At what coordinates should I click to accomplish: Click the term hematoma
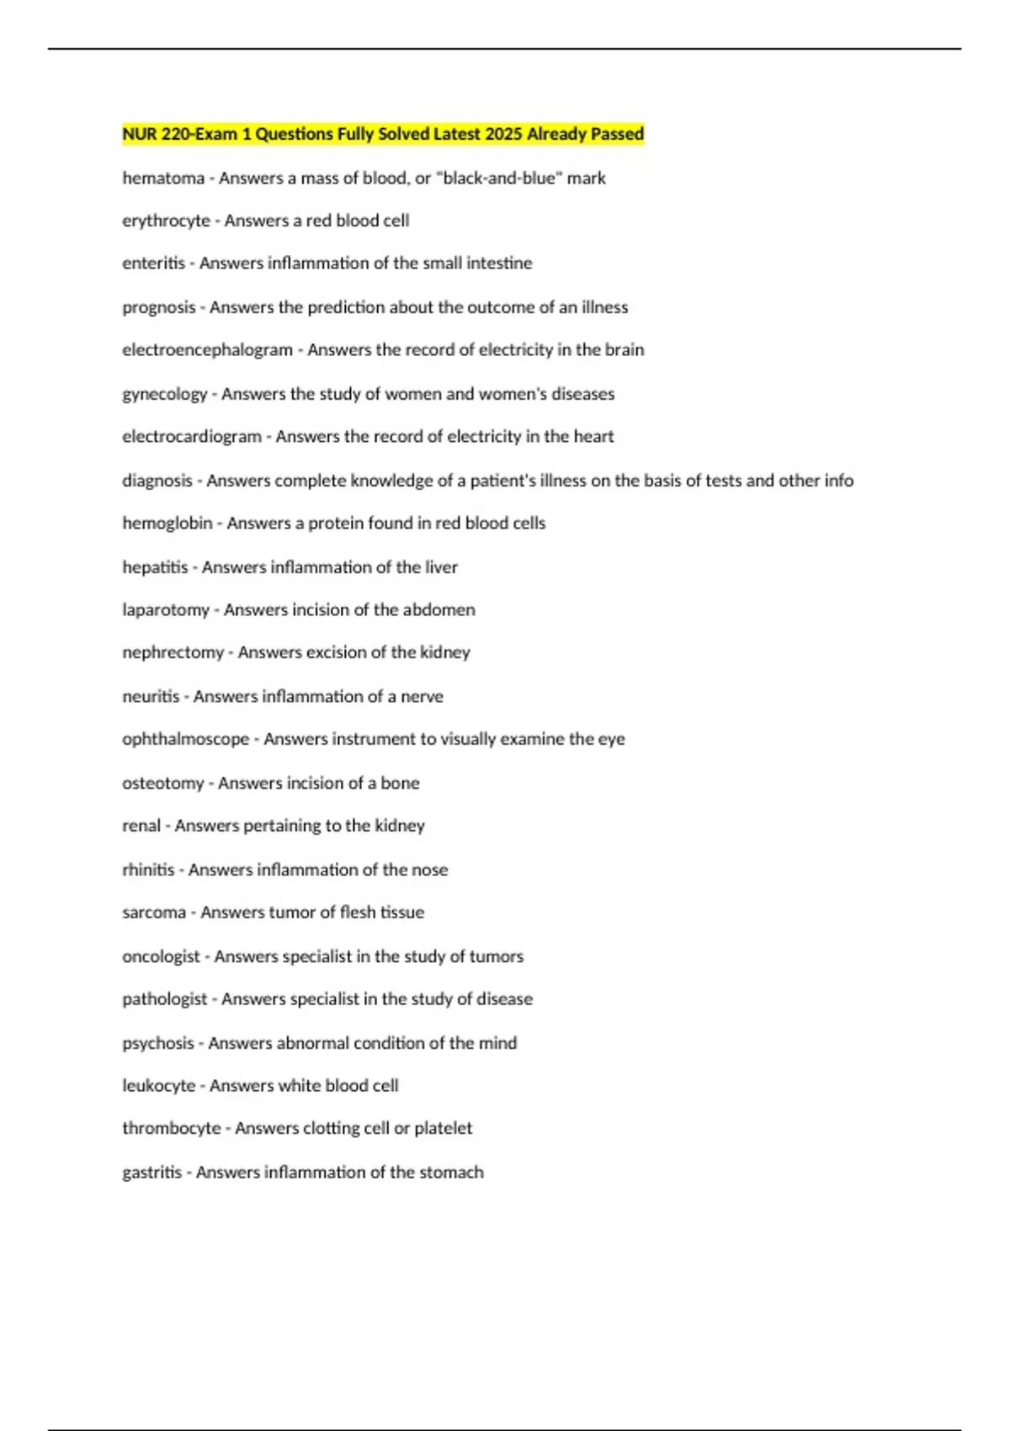coord(163,178)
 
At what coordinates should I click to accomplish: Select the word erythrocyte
coord(166,221)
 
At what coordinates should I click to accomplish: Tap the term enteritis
coord(153,263)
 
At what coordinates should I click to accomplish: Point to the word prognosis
coord(158,307)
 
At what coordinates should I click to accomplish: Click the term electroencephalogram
coord(207,350)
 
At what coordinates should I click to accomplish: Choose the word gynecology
coord(164,394)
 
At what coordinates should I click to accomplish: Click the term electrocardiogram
coord(192,437)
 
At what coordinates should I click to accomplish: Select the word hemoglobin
coord(167,524)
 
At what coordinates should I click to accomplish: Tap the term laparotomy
coord(165,609)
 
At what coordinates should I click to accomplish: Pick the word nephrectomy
coord(173,652)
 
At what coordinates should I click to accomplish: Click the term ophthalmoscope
coord(185,739)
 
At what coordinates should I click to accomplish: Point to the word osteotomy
coord(162,783)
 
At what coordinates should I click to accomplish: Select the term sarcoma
coord(154,912)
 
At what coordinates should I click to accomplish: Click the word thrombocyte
coord(171,1128)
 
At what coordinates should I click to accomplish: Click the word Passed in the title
coord(617,134)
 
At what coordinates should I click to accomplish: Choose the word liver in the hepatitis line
coord(441,567)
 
